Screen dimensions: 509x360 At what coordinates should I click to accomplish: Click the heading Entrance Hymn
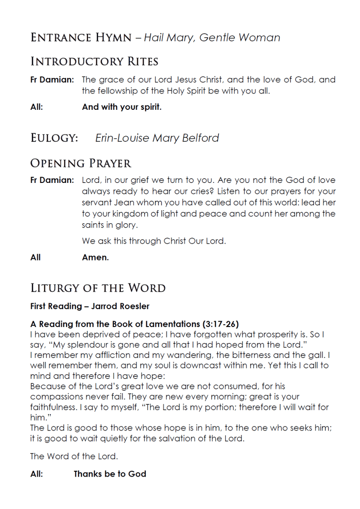coord(81,37)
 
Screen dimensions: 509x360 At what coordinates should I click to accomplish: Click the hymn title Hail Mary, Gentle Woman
coord(212,38)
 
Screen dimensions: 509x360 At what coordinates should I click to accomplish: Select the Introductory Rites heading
coord(94,62)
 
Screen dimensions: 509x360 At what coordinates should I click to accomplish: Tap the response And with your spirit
coord(121,107)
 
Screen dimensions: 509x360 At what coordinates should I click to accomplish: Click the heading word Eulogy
coord(54,138)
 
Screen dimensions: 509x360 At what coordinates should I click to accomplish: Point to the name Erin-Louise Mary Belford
coord(157,138)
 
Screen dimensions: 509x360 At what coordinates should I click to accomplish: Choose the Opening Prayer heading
coord(81,163)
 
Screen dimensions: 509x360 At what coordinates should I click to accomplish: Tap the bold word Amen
coord(95,257)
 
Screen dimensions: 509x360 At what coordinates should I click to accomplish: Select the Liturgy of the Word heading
coord(98,288)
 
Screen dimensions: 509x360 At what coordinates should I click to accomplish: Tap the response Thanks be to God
coord(110,474)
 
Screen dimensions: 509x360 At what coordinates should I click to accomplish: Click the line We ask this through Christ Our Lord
coord(154,241)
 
